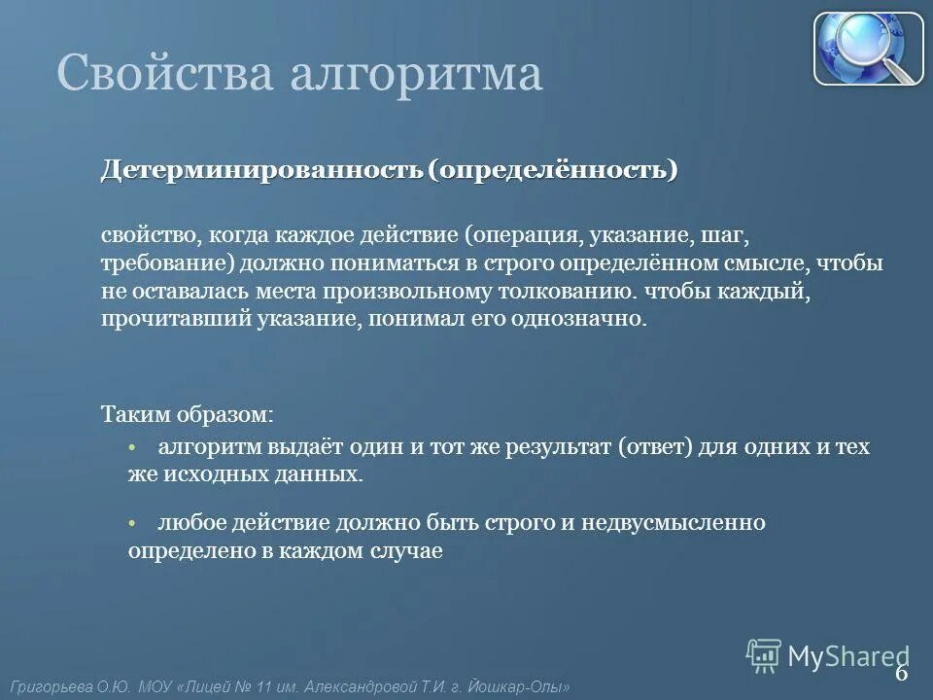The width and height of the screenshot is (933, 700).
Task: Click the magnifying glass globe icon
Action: (x=868, y=49)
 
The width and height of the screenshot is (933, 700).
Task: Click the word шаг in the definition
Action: (x=726, y=236)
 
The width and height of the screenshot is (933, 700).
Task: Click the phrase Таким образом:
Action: (x=188, y=414)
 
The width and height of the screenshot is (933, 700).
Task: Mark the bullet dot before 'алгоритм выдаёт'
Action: (x=133, y=447)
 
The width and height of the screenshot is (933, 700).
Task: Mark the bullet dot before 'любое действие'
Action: (x=133, y=523)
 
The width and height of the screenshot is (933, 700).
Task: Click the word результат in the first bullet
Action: (x=554, y=447)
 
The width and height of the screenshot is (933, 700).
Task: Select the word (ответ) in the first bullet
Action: (x=656, y=447)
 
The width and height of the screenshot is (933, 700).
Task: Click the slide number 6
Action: (x=901, y=673)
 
